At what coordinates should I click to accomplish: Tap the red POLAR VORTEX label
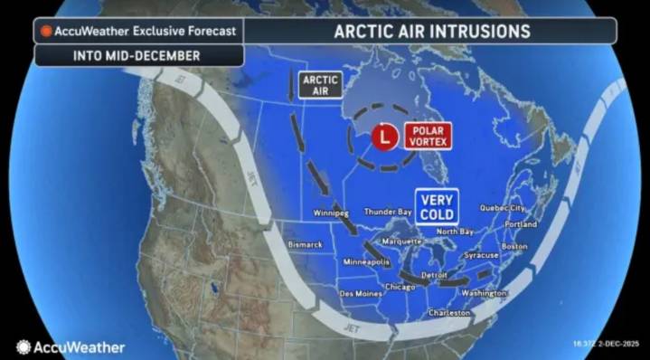pyautogui.click(x=426, y=136)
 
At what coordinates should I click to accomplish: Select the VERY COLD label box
pyautogui.click(x=437, y=205)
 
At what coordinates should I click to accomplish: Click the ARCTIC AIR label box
pyautogui.click(x=320, y=84)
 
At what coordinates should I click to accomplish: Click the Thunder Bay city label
pyautogui.click(x=388, y=212)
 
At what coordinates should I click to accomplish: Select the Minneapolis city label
pyautogui.click(x=366, y=261)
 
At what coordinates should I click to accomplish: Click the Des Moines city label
pyautogui.click(x=360, y=293)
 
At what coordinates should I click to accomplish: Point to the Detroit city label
pyautogui.click(x=436, y=273)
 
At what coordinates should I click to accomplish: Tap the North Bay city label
pyautogui.click(x=457, y=232)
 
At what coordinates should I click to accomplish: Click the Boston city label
pyautogui.click(x=514, y=246)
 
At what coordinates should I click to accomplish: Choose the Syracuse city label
pyautogui.click(x=482, y=255)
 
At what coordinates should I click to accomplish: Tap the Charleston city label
pyautogui.click(x=449, y=313)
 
